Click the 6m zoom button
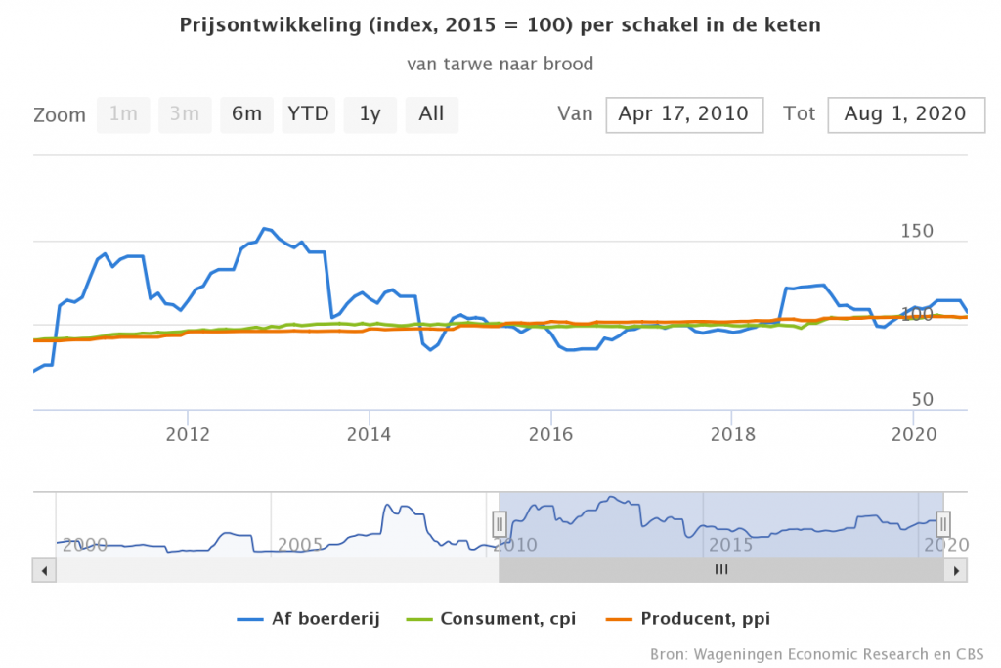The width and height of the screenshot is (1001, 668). [x=246, y=114]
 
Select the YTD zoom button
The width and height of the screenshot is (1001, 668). [x=308, y=114]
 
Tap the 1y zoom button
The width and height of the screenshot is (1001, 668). [x=370, y=114]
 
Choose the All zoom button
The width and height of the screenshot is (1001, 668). [x=431, y=114]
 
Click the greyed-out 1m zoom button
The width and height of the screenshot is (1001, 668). [x=123, y=114]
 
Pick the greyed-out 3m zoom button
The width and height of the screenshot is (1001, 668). [x=185, y=114]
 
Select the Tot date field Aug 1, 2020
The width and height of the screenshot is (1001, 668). [x=905, y=114]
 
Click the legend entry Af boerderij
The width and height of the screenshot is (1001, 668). [x=312, y=618]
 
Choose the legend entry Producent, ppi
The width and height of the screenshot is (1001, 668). [x=699, y=618]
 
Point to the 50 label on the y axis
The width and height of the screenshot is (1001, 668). [x=923, y=400]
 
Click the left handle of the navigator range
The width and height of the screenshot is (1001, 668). [x=500, y=524]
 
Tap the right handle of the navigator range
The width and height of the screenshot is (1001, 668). [x=943, y=524]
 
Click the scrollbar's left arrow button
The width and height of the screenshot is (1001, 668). [x=41, y=569]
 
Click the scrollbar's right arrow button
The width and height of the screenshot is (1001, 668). [x=958, y=569]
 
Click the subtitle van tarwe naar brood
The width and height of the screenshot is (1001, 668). [x=500, y=64]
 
